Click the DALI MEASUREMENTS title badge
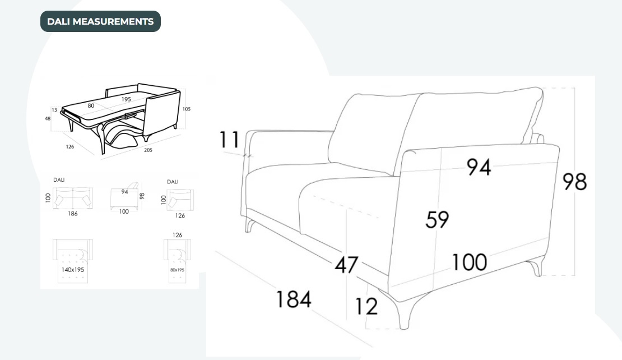pyautogui.click(x=100, y=21)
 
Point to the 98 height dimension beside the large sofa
pyautogui.click(x=574, y=182)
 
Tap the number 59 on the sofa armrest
pyautogui.click(x=437, y=219)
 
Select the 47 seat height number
pyautogui.click(x=346, y=265)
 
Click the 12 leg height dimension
pyautogui.click(x=366, y=306)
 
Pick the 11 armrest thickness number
pyautogui.click(x=230, y=140)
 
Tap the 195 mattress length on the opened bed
pyautogui.click(x=126, y=99)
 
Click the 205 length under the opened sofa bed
pyautogui.click(x=148, y=150)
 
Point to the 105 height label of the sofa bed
pyautogui.click(x=187, y=109)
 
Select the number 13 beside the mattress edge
pyautogui.click(x=54, y=109)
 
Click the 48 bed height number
pyautogui.click(x=48, y=118)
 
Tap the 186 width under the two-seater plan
pyautogui.click(x=73, y=214)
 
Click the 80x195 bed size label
pyautogui.click(x=177, y=270)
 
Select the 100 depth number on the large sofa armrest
pyautogui.click(x=470, y=262)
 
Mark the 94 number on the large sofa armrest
pyautogui.click(x=479, y=167)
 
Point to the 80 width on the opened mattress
pyautogui.click(x=91, y=105)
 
